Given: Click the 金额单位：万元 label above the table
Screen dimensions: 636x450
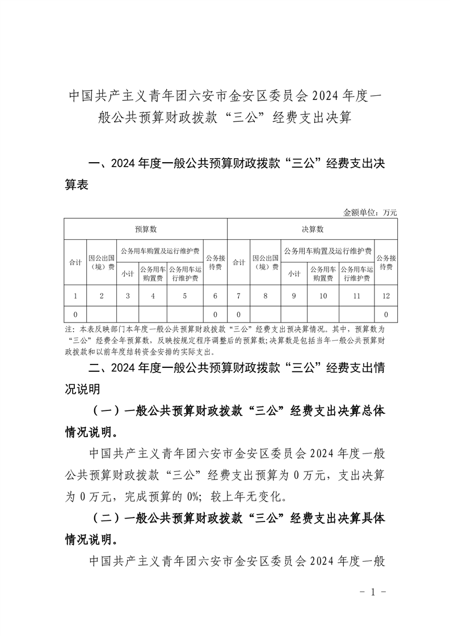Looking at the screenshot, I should point(370,213).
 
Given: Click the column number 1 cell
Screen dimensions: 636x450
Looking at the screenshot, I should point(75,295).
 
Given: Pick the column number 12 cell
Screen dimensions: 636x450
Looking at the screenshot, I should point(386,295).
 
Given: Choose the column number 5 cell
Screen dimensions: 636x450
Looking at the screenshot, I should point(185,295).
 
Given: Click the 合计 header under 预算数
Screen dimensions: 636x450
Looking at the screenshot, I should point(75,262).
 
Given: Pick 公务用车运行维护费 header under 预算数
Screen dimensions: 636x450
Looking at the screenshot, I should point(185,274).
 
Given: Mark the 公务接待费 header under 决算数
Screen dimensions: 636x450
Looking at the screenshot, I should point(386,262).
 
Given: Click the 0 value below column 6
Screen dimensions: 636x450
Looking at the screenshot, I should point(215,314).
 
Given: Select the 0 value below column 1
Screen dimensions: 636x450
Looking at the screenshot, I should point(75,314).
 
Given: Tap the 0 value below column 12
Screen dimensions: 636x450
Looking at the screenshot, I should point(386,314).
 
